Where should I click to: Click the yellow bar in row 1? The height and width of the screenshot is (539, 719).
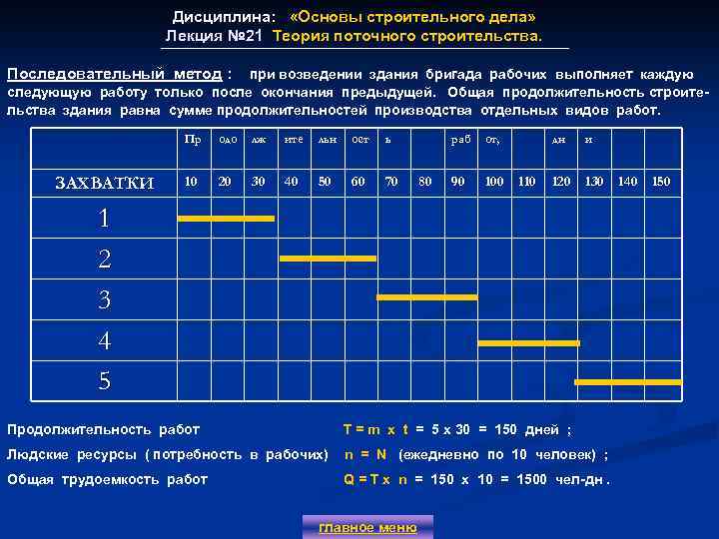[225, 218]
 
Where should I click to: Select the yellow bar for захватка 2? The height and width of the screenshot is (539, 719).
[328, 258]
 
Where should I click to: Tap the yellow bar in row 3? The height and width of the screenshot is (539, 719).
[426, 297]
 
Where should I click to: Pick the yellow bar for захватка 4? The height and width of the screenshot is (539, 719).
[528, 342]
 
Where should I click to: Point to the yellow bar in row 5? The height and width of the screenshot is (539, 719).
[628, 382]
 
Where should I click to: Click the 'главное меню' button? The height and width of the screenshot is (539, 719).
[367, 527]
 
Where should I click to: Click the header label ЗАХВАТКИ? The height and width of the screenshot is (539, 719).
[104, 182]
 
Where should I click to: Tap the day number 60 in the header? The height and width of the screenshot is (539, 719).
[358, 181]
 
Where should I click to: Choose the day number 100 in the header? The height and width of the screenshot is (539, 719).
[494, 181]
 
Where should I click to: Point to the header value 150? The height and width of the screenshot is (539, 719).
[661, 181]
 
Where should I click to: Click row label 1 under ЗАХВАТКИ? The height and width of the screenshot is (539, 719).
[104, 219]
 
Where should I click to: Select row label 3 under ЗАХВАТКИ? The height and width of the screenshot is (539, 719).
[104, 299]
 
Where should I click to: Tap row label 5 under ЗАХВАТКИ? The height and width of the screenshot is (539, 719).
[104, 380]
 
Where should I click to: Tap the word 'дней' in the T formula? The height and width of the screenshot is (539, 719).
[542, 429]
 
